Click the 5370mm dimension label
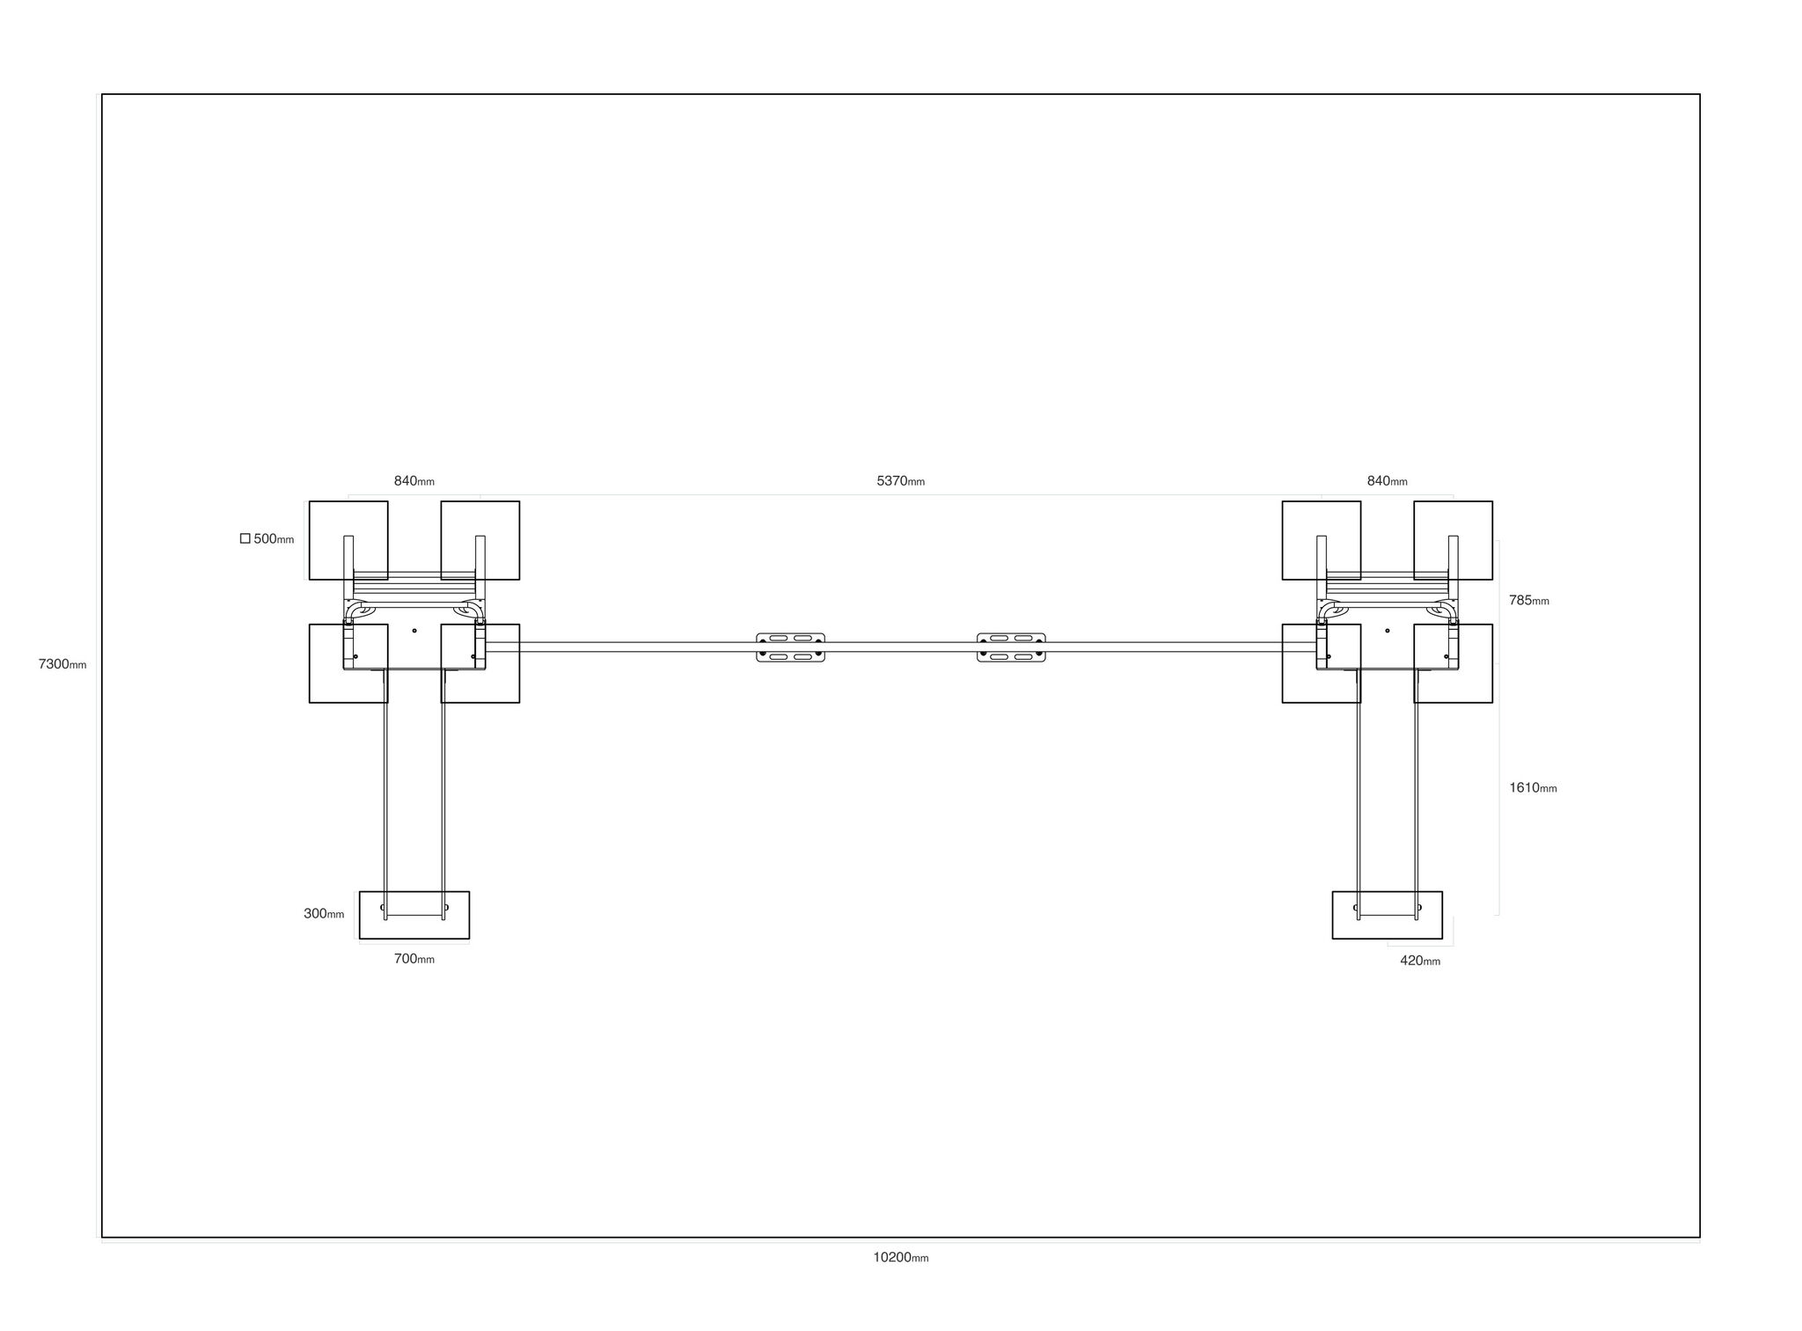click(x=900, y=481)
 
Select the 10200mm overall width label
click(x=900, y=1257)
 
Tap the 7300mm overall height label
click(x=62, y=664)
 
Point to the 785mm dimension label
click(x=1529, y=601)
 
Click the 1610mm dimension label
click(x=1533, y=788)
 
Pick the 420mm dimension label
click(x=1420, y=961)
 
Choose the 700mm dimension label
click(x=414, y=959)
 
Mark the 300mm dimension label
click(x=324, y=914)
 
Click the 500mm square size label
click(x=274, y=539)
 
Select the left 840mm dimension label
click(x=414, y=481)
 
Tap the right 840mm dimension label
click(x=1387, y=481)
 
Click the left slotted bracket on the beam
click(x=790, y=647)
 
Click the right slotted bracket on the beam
click(x=1011, y=647)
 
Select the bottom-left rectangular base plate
click(x=414, y=915)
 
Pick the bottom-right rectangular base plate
click(x=1387, y=915)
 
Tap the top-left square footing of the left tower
click(x=348, y=540)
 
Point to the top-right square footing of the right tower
click(x=1453, y=540)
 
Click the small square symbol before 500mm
click(x=245, y=538)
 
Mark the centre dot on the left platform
click(x=414, y=631)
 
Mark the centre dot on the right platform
click(x=1388, y=631)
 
